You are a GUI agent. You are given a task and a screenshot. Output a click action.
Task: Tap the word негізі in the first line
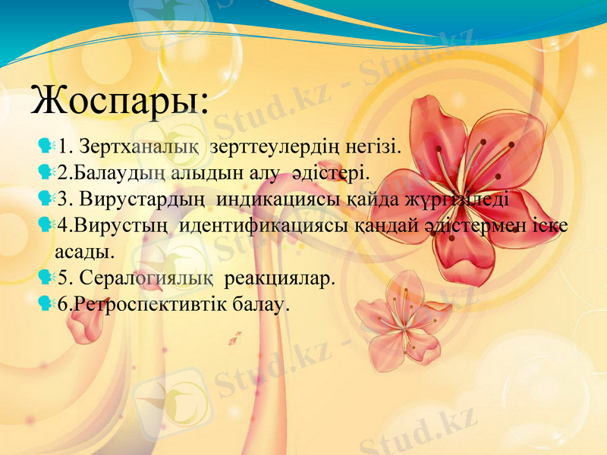pos(369,144)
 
